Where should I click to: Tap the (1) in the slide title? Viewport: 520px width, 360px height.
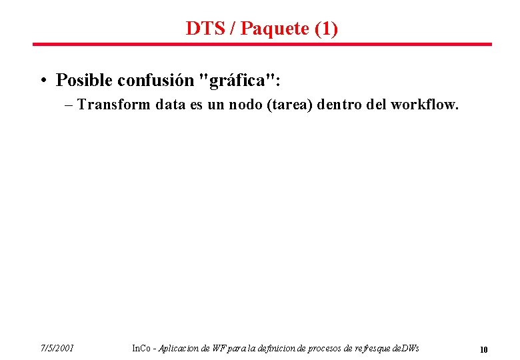pos(325,29)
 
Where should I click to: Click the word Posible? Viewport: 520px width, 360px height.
pos(84,81)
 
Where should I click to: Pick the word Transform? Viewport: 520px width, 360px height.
pos(114,105)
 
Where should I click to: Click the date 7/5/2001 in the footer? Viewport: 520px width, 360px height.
pos(57,348)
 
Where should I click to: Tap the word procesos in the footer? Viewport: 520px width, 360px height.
pos(322,348)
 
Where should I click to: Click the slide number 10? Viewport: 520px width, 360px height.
pos(484,349)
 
